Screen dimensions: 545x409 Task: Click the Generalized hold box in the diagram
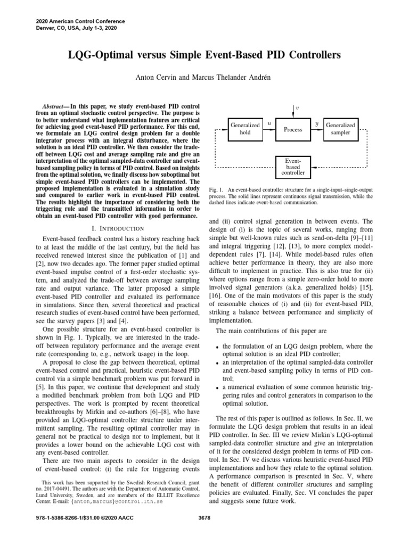pyautogui.click(x=245, y=129)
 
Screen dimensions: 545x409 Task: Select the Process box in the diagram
pyautogui.click(x=293, y=129)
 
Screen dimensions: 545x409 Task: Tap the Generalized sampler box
pyautogui.click(x=340, y=129)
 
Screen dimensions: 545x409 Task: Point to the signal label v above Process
pyautogui.click(x=297, y=107)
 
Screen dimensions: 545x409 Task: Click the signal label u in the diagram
pyautogui.click(x=269, y=123)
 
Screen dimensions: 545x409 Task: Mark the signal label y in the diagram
pyautogui.click(x=317, y=123)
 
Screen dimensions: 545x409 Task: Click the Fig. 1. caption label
pyautogui.click(x=216, y=189)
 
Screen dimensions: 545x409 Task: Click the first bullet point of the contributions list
pyautogui.click(x=218, y=346)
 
